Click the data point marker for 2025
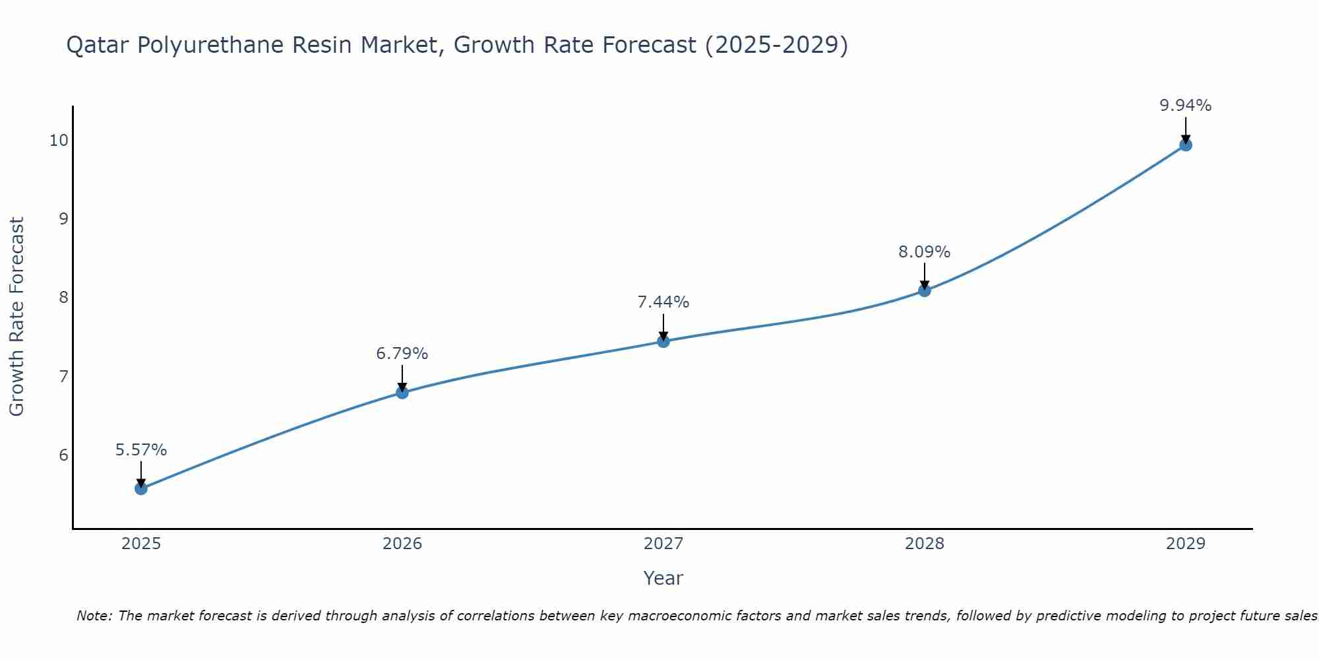point(141,488)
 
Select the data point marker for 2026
point(402,393)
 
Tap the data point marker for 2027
point(663,341)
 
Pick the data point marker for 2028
point(925,290)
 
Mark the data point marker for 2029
point(1185,145)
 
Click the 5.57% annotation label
point(141,450)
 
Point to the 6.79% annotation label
point(402,354)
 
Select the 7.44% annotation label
point(663,302)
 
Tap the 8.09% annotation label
point(925,252)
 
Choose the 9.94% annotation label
point(1185,106)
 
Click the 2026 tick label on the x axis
point(402,544)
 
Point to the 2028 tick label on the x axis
point(925,544)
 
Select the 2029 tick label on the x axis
point(1185,544)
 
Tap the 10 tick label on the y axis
point(59,140)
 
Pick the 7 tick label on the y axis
point(63,377)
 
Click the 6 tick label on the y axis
point(63,455)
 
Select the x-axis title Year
point(663,578)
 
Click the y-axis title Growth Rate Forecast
point(17,317)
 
